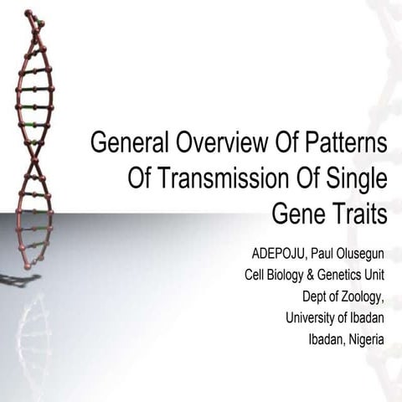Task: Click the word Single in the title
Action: [357, 178]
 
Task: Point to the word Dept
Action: [315, 296]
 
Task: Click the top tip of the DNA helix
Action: [28, 13]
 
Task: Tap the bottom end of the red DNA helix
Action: [28, 266]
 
